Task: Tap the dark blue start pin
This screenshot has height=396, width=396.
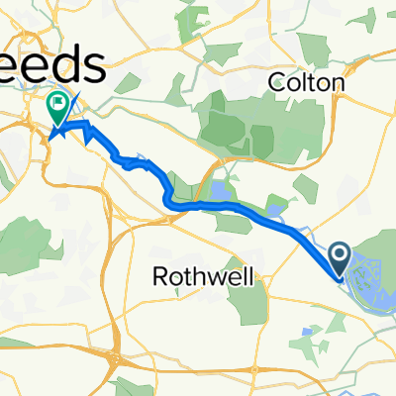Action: [340, 261]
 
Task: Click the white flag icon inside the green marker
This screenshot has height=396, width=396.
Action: [60, 101]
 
